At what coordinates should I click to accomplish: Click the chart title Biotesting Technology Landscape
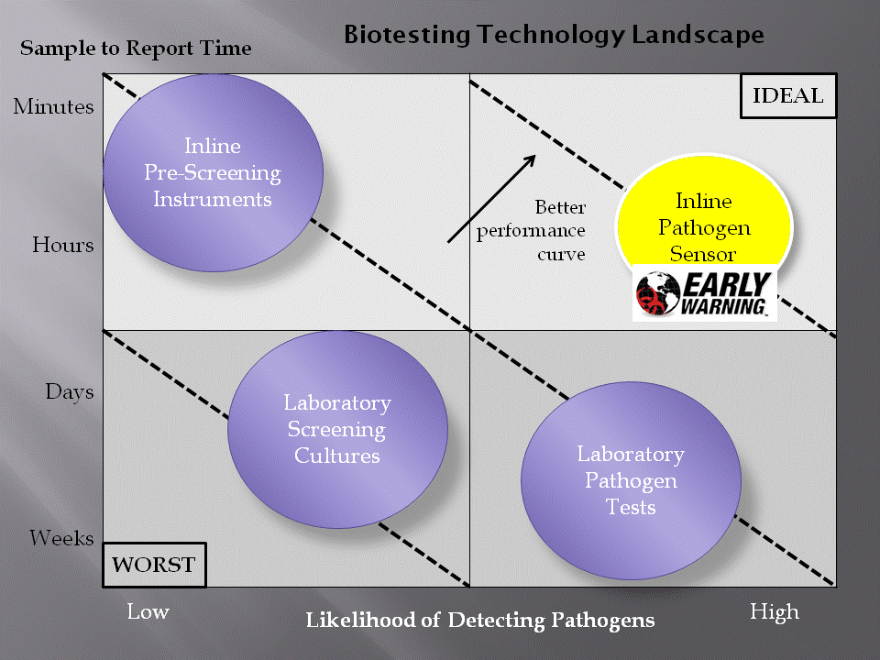click(x=554, y=35)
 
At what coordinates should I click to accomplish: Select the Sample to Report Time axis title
click(x=136, y=49)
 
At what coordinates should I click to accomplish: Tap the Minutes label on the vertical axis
click(x=54, y=106)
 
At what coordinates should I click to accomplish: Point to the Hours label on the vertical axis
click(x=63, y=245)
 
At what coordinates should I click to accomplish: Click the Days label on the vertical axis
click(x=70, y=391)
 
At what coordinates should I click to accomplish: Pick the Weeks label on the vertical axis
click(x=61, y=538)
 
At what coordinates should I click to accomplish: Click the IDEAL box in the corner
click(x=788, y=96)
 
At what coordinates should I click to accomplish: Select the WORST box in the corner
click(x=154, y=565)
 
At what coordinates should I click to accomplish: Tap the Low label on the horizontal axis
click(x=148, y=611)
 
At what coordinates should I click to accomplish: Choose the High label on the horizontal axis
click(x=775, y=612)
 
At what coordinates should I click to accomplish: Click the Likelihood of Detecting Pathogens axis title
click(x=480, y=621)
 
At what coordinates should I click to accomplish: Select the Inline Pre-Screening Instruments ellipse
click(x=214, y=173)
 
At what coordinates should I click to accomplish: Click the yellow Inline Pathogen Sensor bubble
click(x=704, y=214)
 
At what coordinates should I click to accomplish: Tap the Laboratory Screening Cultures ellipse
click(x=338, y=429)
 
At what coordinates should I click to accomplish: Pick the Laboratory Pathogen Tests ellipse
click(x=631, y=480)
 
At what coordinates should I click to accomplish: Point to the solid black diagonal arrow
click(x=491, y=199)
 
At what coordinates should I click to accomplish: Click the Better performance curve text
click(x=531, y=231)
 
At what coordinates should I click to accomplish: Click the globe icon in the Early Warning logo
click(x=658, y=293)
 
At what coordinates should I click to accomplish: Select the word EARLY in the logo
click(x=727, y=285)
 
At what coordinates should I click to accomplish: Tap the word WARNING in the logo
click(x=723, y=306)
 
